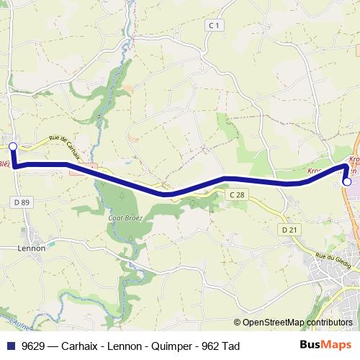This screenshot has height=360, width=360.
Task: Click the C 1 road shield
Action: [212, 25]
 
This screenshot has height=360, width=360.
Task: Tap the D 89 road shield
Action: [22, 203]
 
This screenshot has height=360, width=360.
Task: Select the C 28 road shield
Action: [237, 195]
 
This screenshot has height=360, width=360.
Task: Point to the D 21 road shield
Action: [289, 230]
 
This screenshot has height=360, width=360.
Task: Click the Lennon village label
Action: [31, 248]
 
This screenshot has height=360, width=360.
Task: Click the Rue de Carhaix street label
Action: [67, 144]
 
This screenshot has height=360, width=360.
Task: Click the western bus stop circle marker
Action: [12, 145]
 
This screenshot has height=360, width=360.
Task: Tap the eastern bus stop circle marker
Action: [347, 182]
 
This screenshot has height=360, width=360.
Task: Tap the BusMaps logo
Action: [326, 346]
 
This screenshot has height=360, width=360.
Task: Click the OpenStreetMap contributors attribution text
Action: [297, 322]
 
